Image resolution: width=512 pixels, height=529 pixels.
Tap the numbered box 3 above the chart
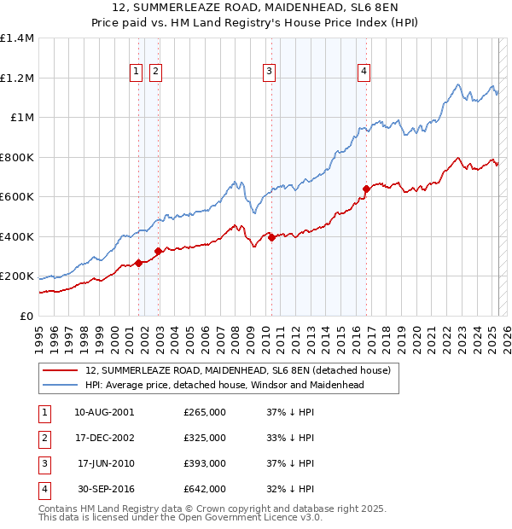(269, 72)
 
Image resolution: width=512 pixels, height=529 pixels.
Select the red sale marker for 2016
(366, 189)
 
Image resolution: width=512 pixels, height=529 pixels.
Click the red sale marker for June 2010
(271, 238)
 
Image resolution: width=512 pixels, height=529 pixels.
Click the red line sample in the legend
(61, 371)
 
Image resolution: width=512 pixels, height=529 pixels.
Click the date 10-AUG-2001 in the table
(104, 412)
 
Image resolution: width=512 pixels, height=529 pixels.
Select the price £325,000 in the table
(205, 438)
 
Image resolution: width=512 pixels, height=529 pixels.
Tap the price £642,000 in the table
(205, 489)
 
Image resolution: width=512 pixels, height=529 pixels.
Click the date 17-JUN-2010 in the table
(105, 463)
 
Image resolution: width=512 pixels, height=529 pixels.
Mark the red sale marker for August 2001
(138, 264)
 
